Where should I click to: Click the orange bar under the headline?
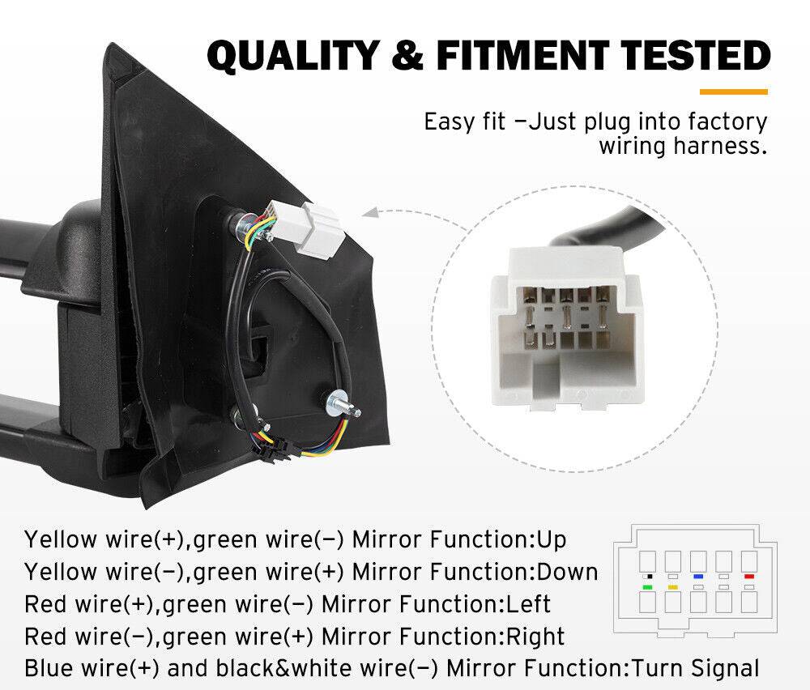point(733,92)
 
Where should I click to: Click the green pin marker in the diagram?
point(647,586)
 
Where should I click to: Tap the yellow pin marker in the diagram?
point(671,586)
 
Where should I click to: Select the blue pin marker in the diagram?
point(697,576)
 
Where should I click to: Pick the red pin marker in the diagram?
point(748,576)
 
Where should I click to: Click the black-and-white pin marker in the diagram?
point(647,576)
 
